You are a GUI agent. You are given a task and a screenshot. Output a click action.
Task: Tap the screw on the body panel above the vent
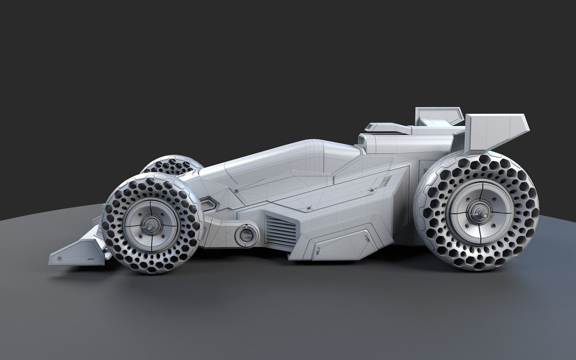coord(309,208)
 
